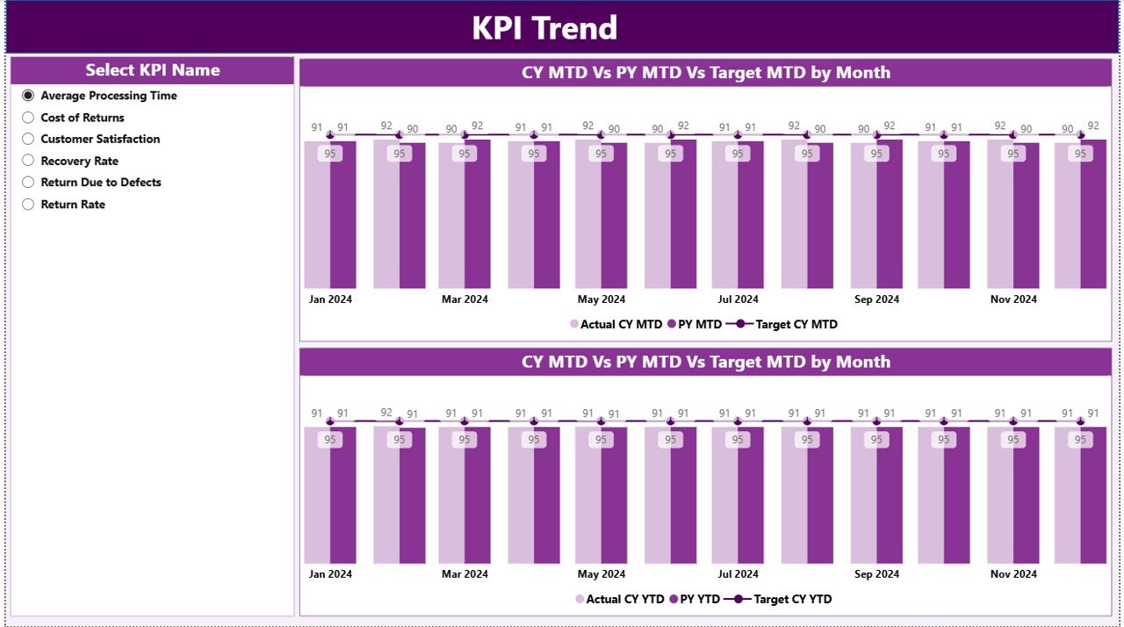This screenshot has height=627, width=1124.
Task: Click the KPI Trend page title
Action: (544, 28)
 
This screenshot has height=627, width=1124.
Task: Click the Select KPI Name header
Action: (152, 70)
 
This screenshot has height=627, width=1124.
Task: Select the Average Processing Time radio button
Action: (28, 96)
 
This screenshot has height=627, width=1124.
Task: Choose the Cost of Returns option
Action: (28, 118)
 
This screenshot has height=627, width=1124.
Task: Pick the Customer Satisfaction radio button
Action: (28, 139)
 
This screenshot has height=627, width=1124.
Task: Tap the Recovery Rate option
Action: (28, 161)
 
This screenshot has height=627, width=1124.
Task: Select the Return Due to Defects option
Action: (28, 183)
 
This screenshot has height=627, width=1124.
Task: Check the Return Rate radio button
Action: (28, 205)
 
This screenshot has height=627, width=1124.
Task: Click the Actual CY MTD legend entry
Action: (616, 324)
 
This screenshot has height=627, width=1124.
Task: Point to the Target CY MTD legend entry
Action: (787, 324)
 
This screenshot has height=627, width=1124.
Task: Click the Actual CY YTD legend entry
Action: (620, 599)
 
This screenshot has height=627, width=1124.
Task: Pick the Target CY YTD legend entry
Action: (783, 599)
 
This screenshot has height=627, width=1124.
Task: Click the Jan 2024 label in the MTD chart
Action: (330, 299)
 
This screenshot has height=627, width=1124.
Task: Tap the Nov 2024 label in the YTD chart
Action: (1013, 574)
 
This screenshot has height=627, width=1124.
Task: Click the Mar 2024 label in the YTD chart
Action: (465, 574)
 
